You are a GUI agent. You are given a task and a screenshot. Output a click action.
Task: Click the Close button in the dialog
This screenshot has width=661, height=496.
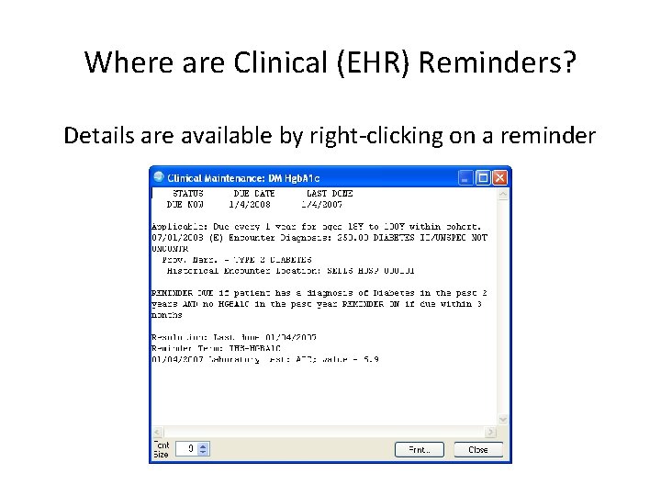click(x=478, y=449)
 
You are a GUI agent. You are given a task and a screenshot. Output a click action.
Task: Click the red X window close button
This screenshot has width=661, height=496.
click(x=500, y=176)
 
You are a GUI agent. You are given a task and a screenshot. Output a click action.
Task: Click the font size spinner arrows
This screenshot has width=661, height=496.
click(x=204, y=449)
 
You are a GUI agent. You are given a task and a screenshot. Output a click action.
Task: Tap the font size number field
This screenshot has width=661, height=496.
click(x=186, y=449)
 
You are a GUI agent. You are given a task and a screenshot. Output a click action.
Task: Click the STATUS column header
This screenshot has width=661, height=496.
click(x=188, y=194)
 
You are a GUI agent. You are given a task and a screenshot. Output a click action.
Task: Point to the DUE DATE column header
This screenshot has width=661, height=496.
click(x=253, y=194)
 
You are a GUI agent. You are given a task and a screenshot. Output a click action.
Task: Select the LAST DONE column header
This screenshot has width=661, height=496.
click(x=329, y=194)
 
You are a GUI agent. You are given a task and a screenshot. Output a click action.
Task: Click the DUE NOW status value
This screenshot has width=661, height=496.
click(x=186, y=205)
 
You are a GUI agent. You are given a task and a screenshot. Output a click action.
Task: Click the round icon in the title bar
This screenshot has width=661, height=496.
click(x=159, y=176)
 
